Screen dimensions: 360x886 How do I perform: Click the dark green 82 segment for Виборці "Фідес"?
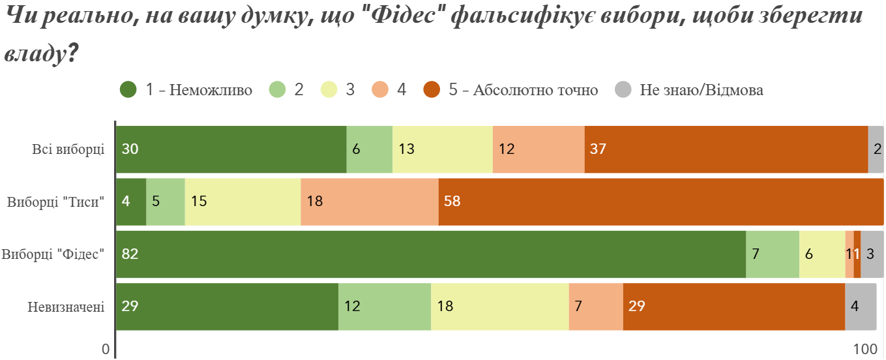(430, 254)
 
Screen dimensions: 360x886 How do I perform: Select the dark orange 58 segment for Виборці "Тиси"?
(661, 202)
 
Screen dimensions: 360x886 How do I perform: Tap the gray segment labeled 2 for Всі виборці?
(876, 149)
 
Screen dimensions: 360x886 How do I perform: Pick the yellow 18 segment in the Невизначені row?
(499, 307)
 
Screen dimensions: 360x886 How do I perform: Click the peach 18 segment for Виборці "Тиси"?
(369, 202)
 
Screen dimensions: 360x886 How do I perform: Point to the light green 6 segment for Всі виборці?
(369, 149)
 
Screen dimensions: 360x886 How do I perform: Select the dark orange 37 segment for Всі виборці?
(726, 149)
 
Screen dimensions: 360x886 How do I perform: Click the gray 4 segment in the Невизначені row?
(861, 307)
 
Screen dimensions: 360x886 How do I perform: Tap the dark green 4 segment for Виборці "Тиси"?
(131, 202)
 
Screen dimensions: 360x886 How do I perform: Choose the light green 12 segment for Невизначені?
(384, 307)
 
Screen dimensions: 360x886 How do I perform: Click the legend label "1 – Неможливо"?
(199, 90)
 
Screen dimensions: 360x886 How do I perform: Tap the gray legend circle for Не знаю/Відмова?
(624, 90)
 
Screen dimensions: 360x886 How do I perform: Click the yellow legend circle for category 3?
(329, 90)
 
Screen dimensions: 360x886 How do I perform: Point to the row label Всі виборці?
(68, 149)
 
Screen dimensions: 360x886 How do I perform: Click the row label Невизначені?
(66, 307)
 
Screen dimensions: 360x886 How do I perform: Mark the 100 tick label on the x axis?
(865, 350)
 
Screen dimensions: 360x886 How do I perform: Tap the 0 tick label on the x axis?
(106, 350)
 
